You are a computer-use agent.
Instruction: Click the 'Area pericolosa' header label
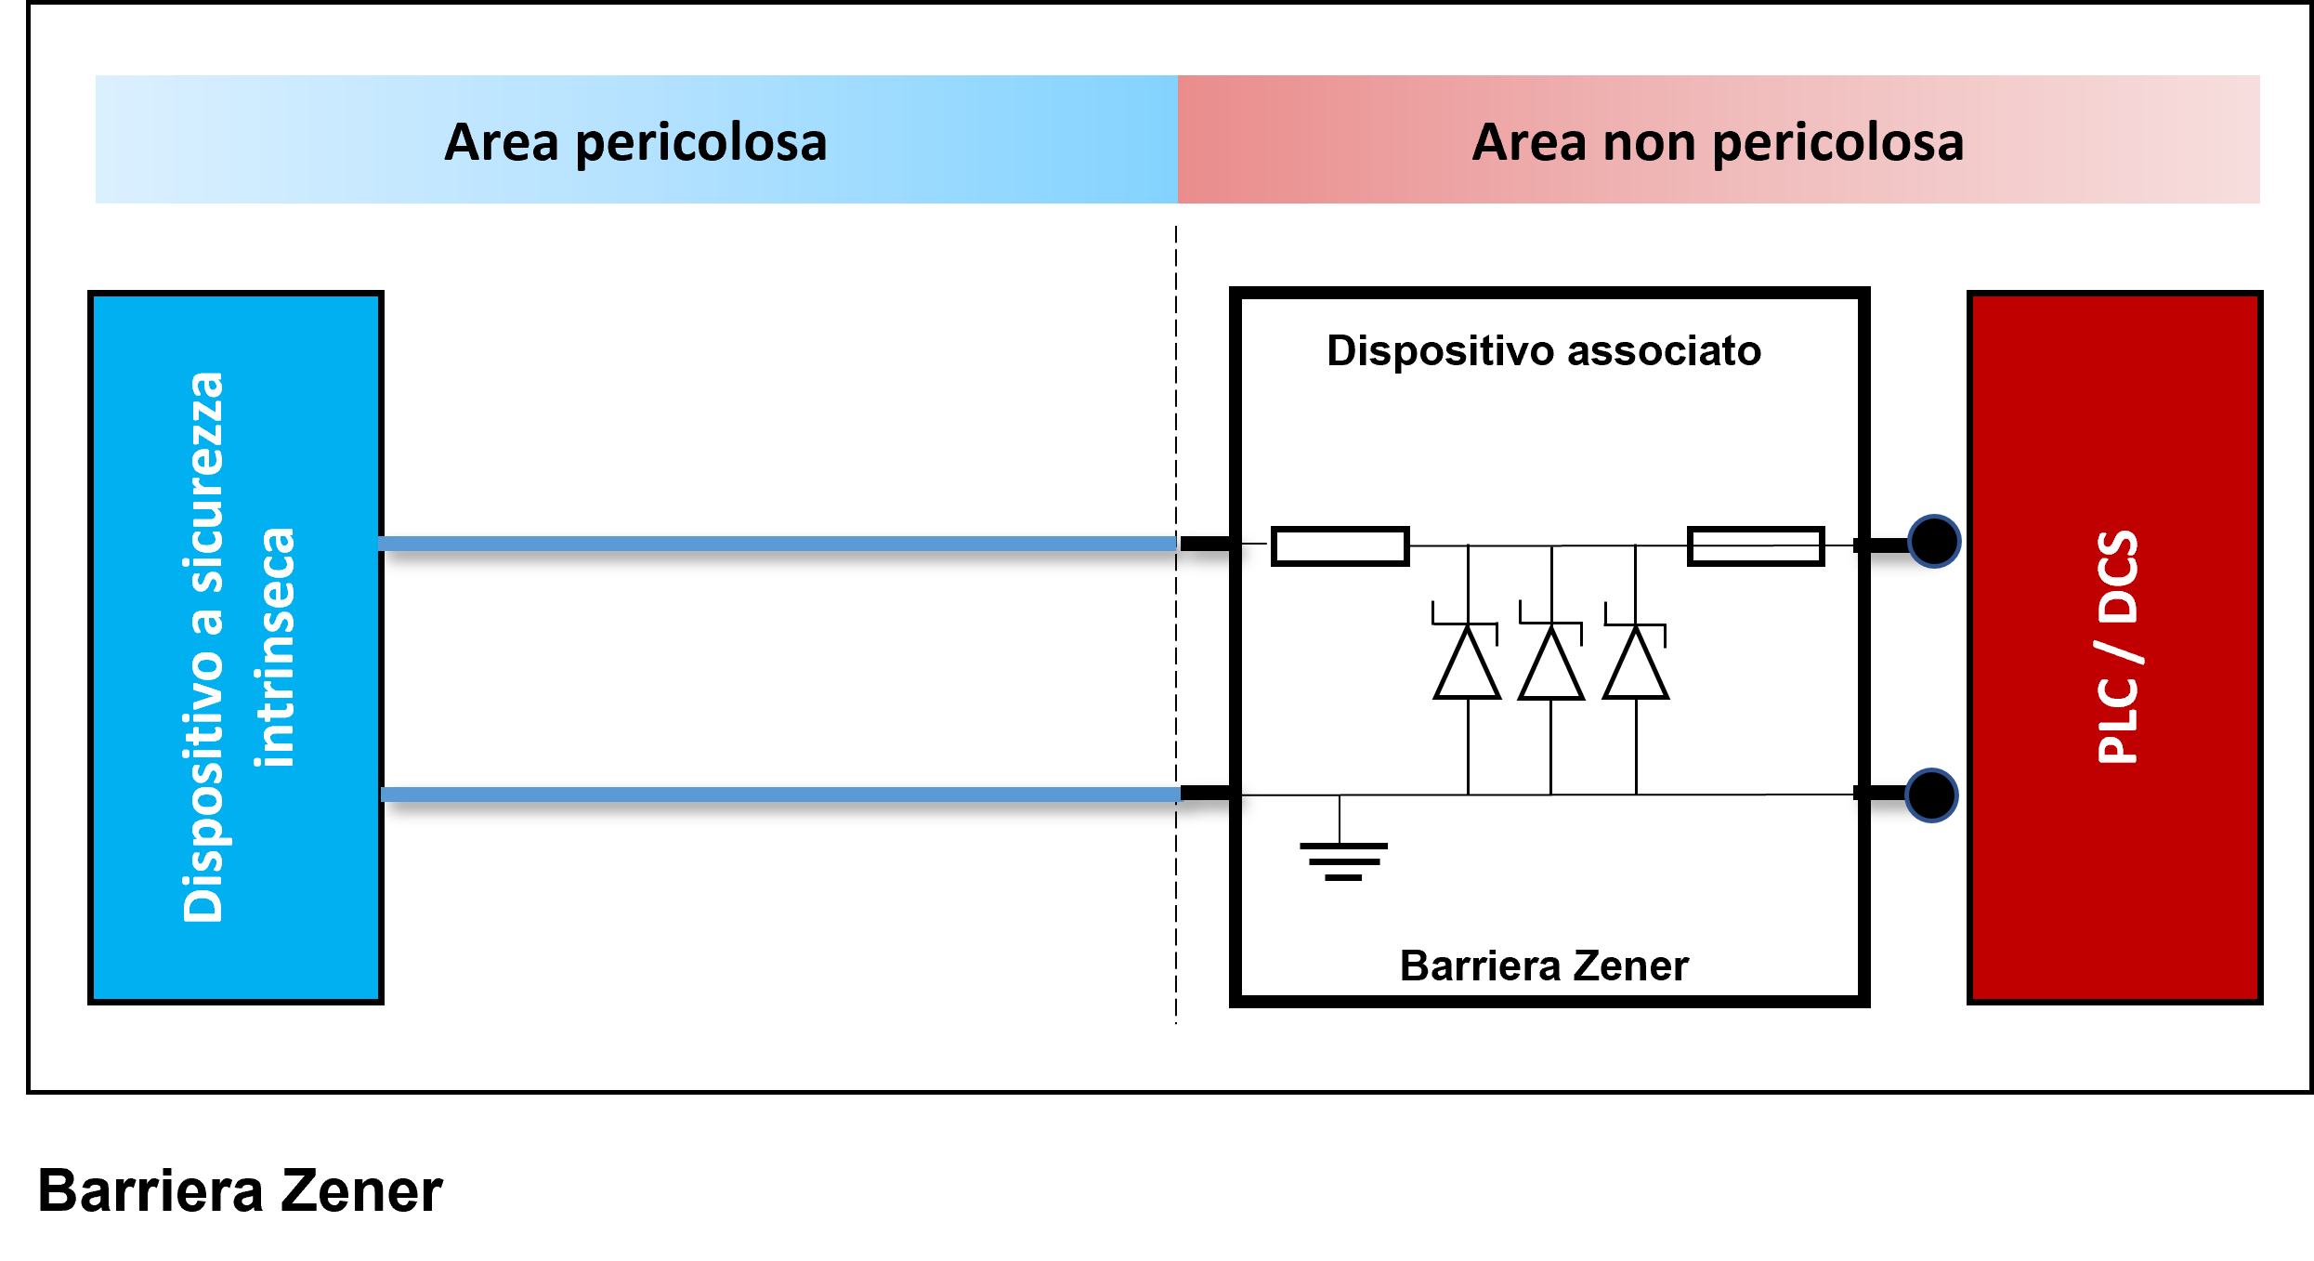point(635,142)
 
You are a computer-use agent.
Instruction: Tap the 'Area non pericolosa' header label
point(1718,142)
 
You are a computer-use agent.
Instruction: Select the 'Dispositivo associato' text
point(1543,351)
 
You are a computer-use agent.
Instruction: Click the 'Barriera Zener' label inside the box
point(1543,966)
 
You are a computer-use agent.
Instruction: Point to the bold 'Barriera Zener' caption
point(240,1191)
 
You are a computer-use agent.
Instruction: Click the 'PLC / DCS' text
point(2118,647)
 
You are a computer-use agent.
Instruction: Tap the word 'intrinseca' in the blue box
point(275,647)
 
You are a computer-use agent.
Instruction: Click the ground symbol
point(1342,860)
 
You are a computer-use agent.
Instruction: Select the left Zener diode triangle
point(1467,663)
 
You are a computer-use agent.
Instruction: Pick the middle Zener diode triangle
point(1550,663)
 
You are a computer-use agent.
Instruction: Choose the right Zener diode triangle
point(1636,663)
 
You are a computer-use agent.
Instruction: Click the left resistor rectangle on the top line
point(1340,546)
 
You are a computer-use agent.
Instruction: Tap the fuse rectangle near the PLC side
point(1755,546)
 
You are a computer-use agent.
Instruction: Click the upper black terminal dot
point(1934,542)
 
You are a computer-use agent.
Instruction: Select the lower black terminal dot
point(1931,795)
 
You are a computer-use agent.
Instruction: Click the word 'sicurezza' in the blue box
point(204,483)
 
